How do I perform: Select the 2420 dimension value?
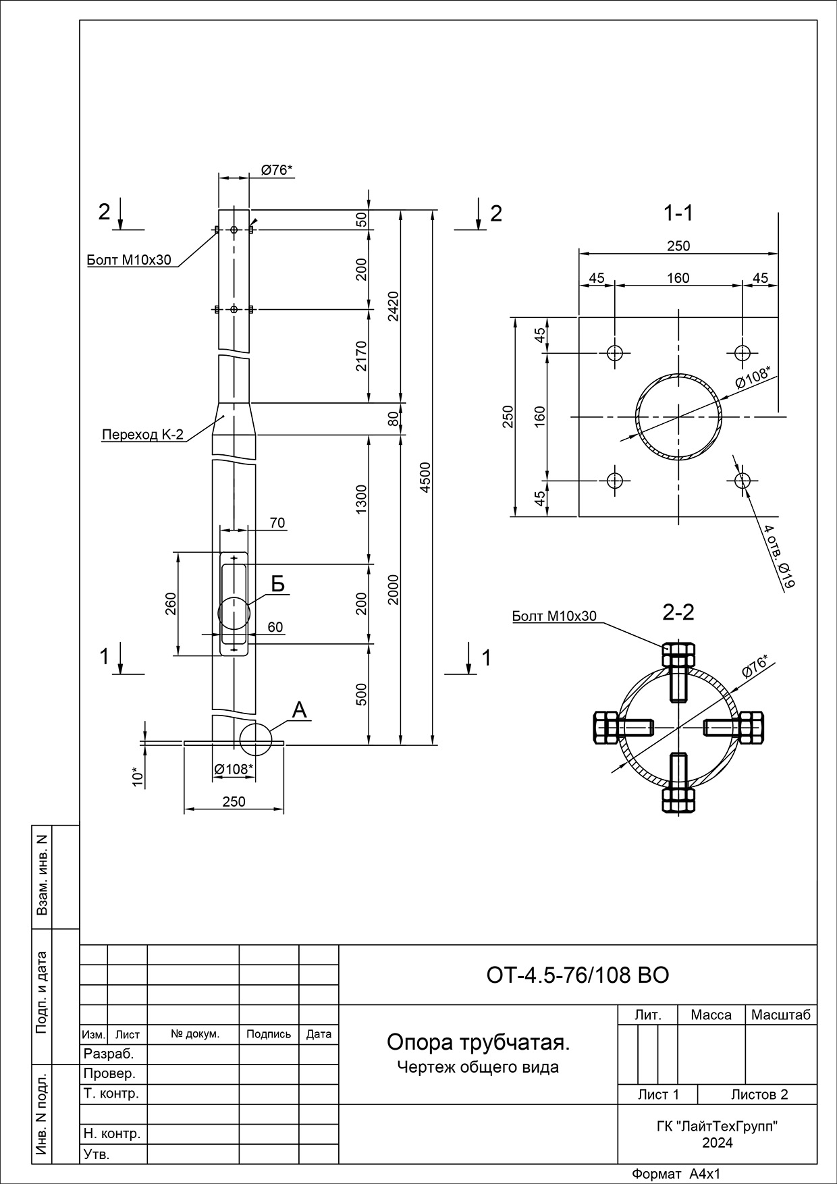tap(394, 306)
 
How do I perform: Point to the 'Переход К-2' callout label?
tap(142, 434)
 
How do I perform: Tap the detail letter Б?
tap(277, 584)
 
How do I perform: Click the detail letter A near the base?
tap(299, 709)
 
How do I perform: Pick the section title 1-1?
tap(678, 213)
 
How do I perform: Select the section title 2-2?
tap(678, 612)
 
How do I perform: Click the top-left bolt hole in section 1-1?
tap(614, 352)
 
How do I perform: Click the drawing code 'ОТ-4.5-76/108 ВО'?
tap(577, 975)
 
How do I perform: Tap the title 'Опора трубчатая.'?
tap(478, 1042)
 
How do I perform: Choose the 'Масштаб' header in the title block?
tap(780, 1015)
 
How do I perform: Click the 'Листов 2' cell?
tap(759, 1094)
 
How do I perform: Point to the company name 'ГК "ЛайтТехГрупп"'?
tap(717, 1126)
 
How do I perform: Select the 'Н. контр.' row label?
tap(111, 1133)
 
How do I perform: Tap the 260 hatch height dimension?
tap(169, 603)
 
